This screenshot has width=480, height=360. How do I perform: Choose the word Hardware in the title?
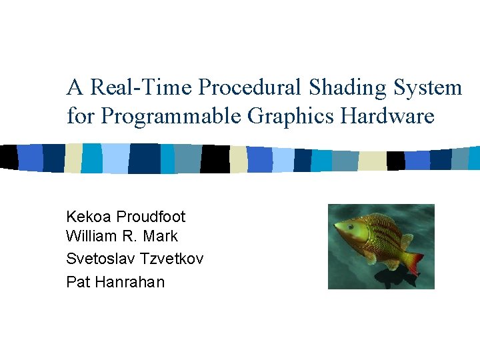pyautogui.click(x=387, y=116)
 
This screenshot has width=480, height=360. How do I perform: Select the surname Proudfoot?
pyautogui.click(x=151, y=217)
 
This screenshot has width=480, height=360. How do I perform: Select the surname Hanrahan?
pyautogui.click(x=130, y=282)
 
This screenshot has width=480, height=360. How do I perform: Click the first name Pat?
pyautogui.click(x=78, y=282)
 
